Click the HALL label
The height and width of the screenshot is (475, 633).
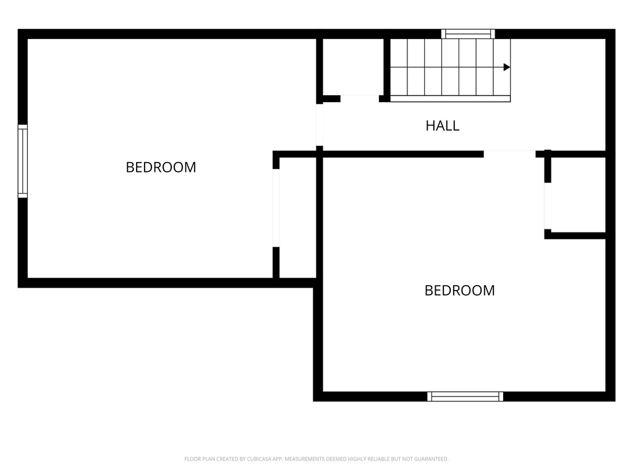[x=443, y=126]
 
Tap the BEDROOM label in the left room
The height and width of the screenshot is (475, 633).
[x=161, y=167]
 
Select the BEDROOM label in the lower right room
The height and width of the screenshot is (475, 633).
[x=460, y=291]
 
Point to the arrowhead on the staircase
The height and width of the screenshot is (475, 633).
[x=507, y=67]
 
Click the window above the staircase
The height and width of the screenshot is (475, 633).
[x=468, y=33]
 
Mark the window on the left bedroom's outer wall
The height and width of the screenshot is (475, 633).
[x=23, y=161]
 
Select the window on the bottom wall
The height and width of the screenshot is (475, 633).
[x=465, y=396]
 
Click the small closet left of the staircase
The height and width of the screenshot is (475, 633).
[x=353, y=67]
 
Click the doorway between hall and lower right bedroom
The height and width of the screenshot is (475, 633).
[x=509, y=154]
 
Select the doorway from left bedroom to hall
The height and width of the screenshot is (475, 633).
[x=320, y=125]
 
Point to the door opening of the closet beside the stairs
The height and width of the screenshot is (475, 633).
[x=360, y=98]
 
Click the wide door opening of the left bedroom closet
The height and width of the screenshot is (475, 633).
[x=276, y=208]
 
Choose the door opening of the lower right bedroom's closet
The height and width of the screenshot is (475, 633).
[x=548, y=206]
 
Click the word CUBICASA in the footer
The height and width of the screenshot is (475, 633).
[x=259, y=459]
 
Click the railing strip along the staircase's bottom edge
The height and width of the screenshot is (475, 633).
[x=450, y=98]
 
